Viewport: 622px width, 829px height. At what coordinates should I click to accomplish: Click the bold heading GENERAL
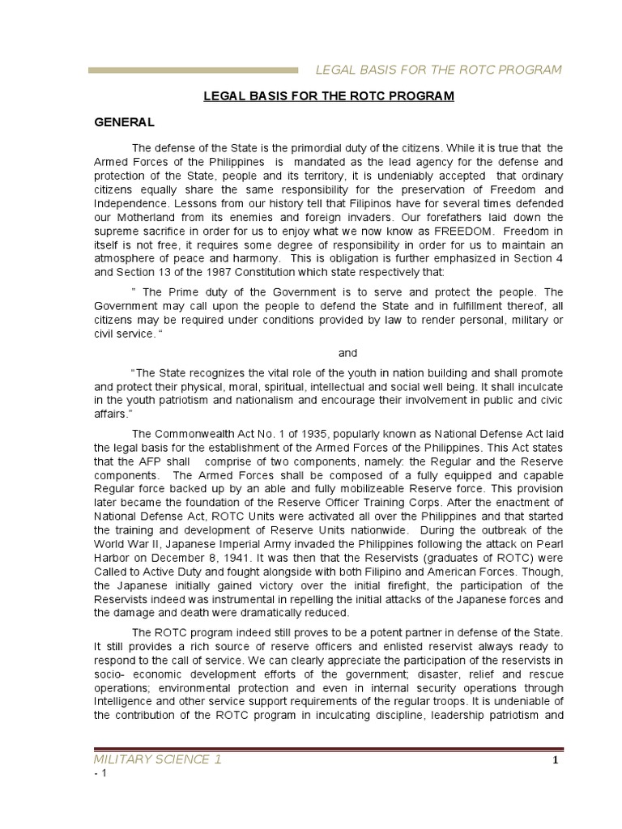point(124,122)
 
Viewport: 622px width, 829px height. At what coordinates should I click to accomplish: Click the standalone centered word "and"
point(347,353)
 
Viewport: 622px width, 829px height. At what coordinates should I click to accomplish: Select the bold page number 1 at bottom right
point(556,761)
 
